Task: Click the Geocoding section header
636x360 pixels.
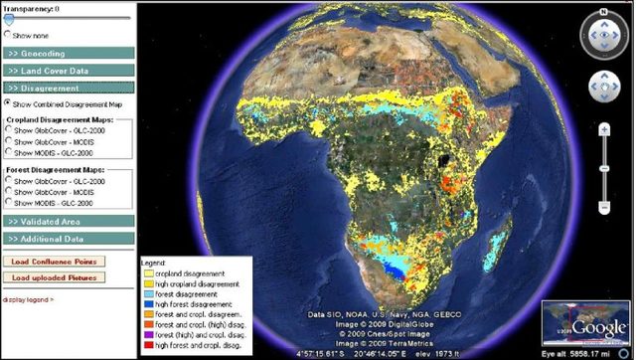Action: pos(67,53)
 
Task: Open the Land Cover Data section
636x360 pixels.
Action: pos(67,71)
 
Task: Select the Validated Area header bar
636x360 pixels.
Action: pos(67,221)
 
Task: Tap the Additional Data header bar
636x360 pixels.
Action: pos(67,239)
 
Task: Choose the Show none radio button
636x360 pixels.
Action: pos(9,33)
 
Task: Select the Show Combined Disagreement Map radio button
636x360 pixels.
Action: pos(9,101)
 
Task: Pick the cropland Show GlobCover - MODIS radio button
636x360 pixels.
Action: pos(9,141)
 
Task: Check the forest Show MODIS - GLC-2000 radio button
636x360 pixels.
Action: pos(9,202)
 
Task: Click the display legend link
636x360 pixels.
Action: pos(28,298)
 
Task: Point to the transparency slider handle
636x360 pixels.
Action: pos(9,18)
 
